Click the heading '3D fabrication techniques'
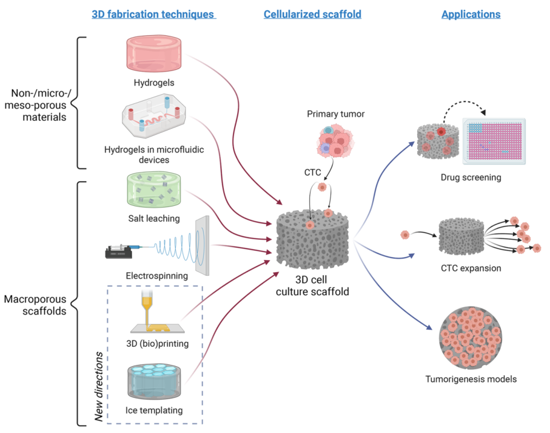click(x=153, y=14)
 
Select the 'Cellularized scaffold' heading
click(x=312, y=14)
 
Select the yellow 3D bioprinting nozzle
click(x=146, y=301)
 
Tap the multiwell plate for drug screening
click(x=493, y=140)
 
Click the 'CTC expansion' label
click(x=471, y=268)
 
